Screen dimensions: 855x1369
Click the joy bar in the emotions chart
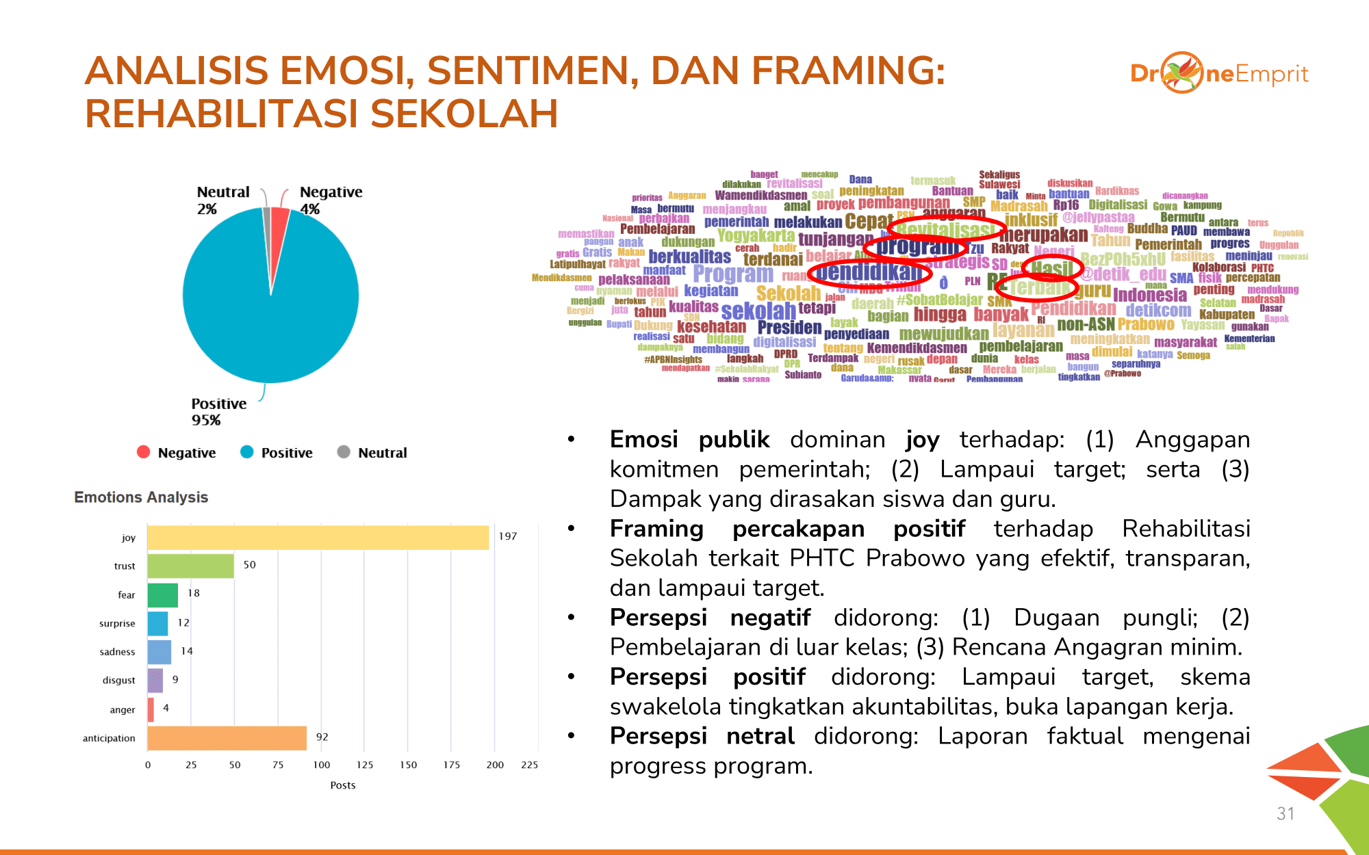(x=318, y=538)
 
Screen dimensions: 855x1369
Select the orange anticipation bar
(x=227, y=738)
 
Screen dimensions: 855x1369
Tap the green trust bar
(x=190, y=566)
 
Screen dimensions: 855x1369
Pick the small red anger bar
(x=151, y=709)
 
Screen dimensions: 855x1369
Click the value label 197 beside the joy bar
(x=508, y=536)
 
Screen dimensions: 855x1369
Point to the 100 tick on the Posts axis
(x=322, y=765)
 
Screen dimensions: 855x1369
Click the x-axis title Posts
(x=343, y=785)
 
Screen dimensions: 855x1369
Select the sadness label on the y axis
(x=117, y=652)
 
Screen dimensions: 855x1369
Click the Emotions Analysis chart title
(x=141, y=497)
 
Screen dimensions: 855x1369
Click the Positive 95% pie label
(x=218, y=412)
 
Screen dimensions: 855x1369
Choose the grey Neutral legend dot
(x=344, y=452)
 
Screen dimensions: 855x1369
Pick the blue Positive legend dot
(x=247, y=452)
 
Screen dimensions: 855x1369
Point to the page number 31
(x=1285, y=813)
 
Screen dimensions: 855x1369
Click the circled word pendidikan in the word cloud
(x=869, y=272)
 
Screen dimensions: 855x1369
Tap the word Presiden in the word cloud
(x=789, y=328)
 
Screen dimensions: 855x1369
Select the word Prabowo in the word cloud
(x=1146, y=324)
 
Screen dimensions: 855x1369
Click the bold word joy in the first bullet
(x=922, y=440)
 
